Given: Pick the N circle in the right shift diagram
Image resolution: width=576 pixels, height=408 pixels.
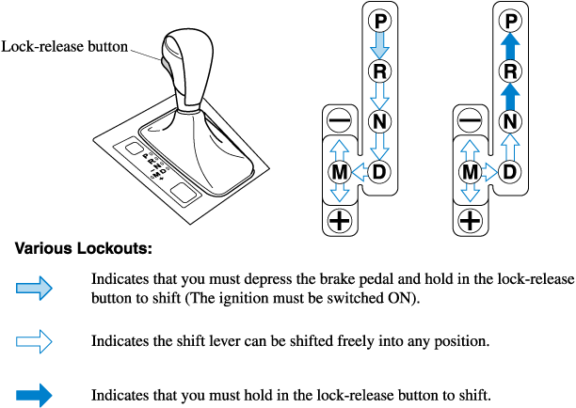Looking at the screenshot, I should point(509,121).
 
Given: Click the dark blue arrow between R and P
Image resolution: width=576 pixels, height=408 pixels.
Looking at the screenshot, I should point(509,45).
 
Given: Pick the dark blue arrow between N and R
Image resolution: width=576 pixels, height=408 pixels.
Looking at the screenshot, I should point(509,96).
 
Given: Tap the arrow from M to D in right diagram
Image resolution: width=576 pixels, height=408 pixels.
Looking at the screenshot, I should point(489,172).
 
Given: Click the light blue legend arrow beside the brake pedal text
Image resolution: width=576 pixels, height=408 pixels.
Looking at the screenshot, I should point(36,289).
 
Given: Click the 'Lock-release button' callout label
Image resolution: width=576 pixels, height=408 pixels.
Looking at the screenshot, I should point(64,45).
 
